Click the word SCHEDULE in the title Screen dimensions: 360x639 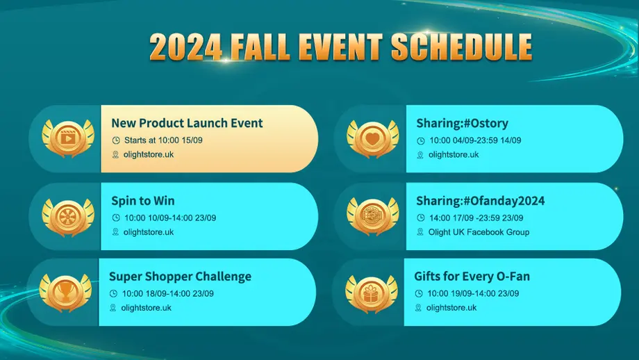pos(462,47)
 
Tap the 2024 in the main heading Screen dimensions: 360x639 pos(185,47)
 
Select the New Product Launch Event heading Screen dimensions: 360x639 pos(187,123)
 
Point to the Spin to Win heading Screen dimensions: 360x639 pos(143,201)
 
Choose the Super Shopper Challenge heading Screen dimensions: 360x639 pos(180,277)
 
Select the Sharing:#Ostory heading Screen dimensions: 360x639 pos(462,124)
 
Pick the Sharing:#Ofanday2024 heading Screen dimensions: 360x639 pos(480,201)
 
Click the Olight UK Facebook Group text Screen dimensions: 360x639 pos(479,232)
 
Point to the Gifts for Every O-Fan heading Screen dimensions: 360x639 pos(472,277)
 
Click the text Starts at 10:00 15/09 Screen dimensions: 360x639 pos(163,140)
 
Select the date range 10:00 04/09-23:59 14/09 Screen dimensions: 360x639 pos(474,140)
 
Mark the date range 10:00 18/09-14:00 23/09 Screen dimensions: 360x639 pos(167,293)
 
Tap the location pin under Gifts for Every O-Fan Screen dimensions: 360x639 pos(419,308)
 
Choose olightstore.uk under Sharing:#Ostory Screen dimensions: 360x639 pos(454,155)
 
